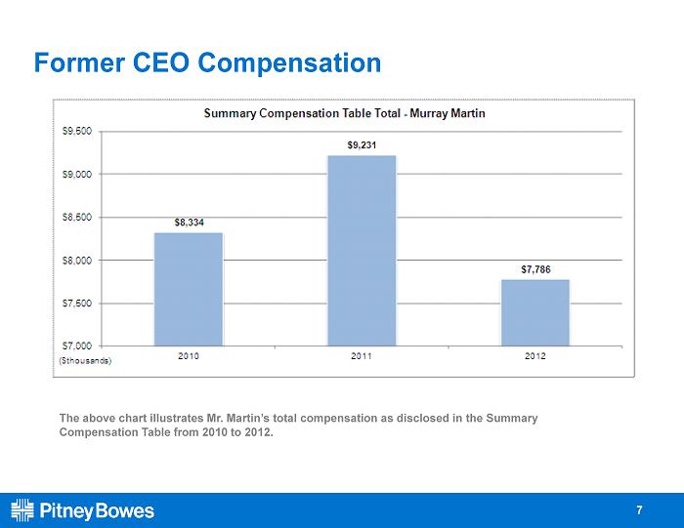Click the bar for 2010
(189, 289)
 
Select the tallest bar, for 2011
(362, 251)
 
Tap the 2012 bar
(535, 312)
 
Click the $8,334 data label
(189, 223)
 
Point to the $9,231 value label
(362, 145)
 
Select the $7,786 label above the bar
(535, 269)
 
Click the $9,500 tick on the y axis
(77, 131)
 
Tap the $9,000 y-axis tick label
(77, 175)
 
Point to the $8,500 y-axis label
(77, 217)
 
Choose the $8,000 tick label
(77, 260)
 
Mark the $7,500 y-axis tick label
(77, 304)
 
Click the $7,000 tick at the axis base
(77, 345)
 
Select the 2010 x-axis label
(189, 356)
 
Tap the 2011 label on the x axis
(362, 356)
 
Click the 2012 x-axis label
(535, 356)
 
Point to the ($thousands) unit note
(85, 361)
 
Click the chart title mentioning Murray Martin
(345, 114)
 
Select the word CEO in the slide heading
(161, 62)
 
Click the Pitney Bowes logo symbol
(22, 510)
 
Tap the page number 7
(639, 510)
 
